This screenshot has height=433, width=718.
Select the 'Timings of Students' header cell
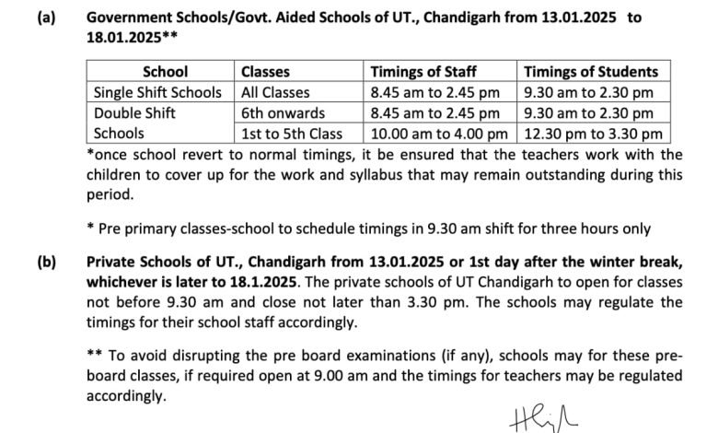click(x=590, y=71)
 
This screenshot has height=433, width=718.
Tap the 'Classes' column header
click(x=265, y=71)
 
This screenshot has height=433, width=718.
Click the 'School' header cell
click(x=166, y=71)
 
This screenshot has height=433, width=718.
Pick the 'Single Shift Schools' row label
click(x=157, y=92)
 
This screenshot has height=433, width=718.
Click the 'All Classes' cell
click(x=275, y=92)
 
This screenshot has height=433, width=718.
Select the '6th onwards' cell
click(x=283, y=112)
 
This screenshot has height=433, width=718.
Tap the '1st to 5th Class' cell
click(x=292, y=133)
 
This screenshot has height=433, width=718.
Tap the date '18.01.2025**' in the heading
click(x=132, y=37)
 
